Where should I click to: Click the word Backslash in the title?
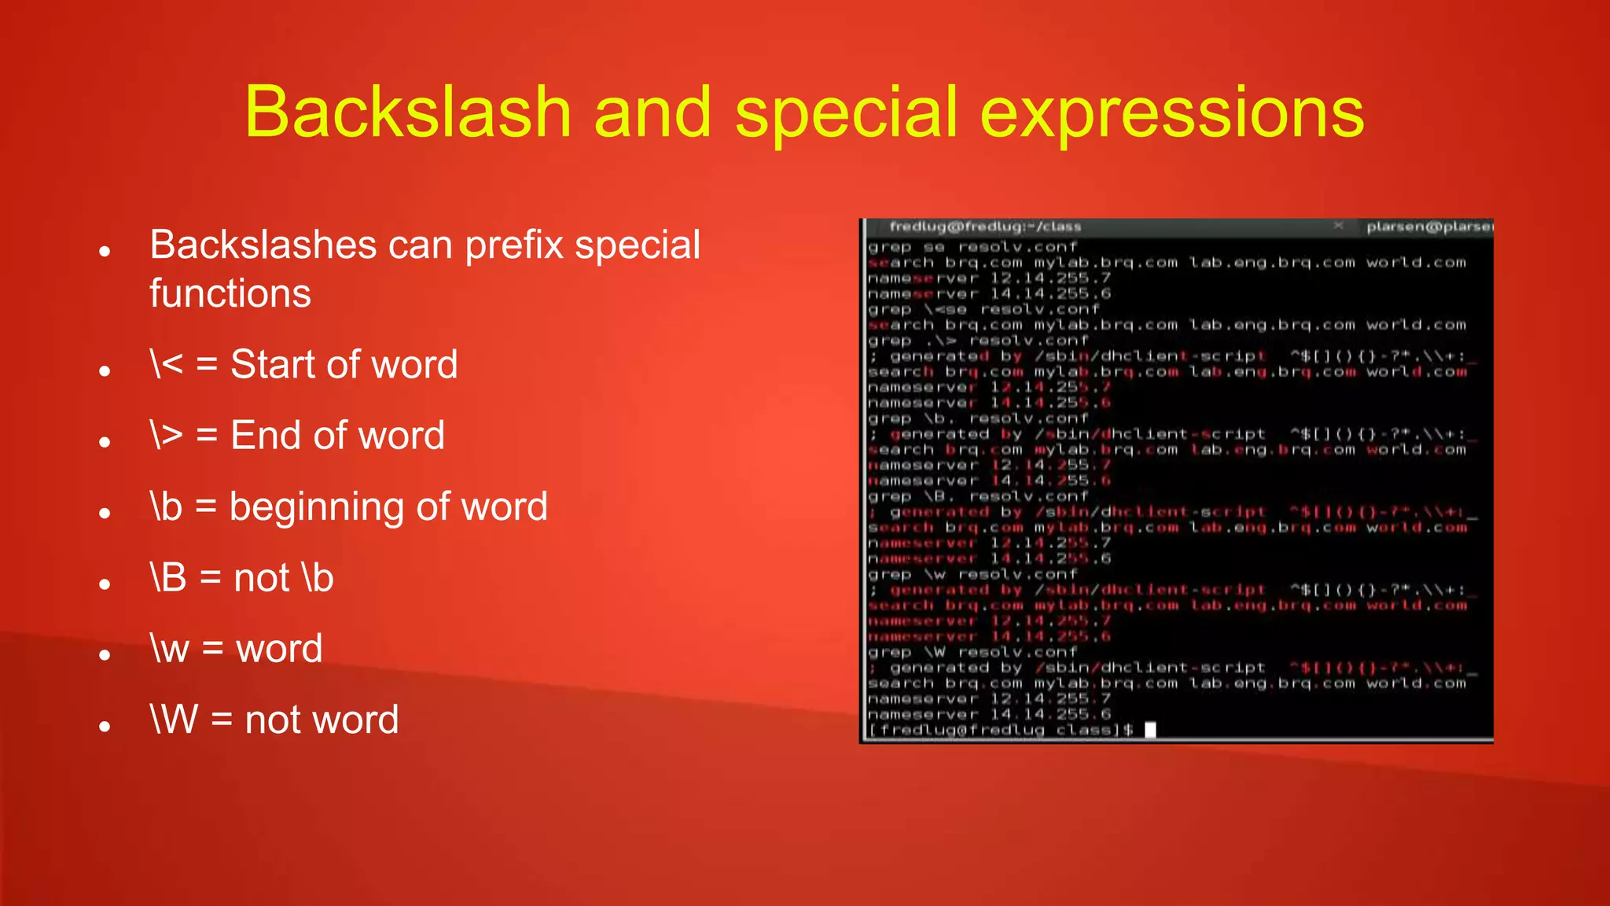pos(407,112)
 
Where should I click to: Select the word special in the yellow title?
pos(847,112)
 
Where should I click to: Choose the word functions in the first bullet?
pos(230,293)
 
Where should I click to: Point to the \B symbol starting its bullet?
pos(168,577)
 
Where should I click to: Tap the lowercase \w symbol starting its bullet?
pos(170,649)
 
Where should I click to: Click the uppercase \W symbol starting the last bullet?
pos(174,720)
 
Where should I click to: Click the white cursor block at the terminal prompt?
pos(1150,730)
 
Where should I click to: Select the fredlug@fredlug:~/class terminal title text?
pos(985,226)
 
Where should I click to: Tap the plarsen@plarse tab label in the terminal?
pos(1428,226)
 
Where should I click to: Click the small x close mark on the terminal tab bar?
pos(1338,226)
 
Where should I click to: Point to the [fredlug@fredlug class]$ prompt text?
pos(1000,730)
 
